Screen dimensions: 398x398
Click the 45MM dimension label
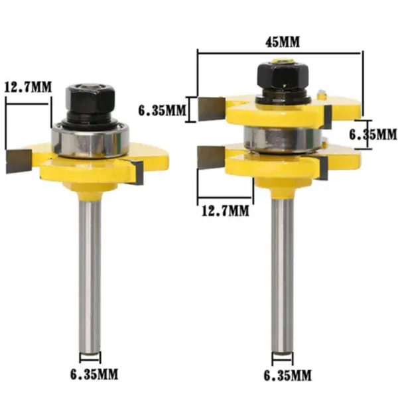click(281, 41)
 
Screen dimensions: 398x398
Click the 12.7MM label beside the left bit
click(27, 87)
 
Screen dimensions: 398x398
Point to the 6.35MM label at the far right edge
click(372, 134)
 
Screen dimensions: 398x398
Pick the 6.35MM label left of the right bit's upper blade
click(161, 109)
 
